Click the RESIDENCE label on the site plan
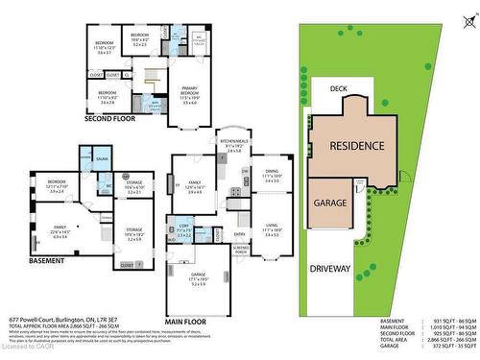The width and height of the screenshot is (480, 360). [x=357, y=146]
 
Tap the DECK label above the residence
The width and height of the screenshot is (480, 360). [x=338, y=88]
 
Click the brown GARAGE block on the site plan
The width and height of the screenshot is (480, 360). [x=329, y=205]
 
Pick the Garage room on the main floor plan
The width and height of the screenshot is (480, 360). [x=200, y=277]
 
